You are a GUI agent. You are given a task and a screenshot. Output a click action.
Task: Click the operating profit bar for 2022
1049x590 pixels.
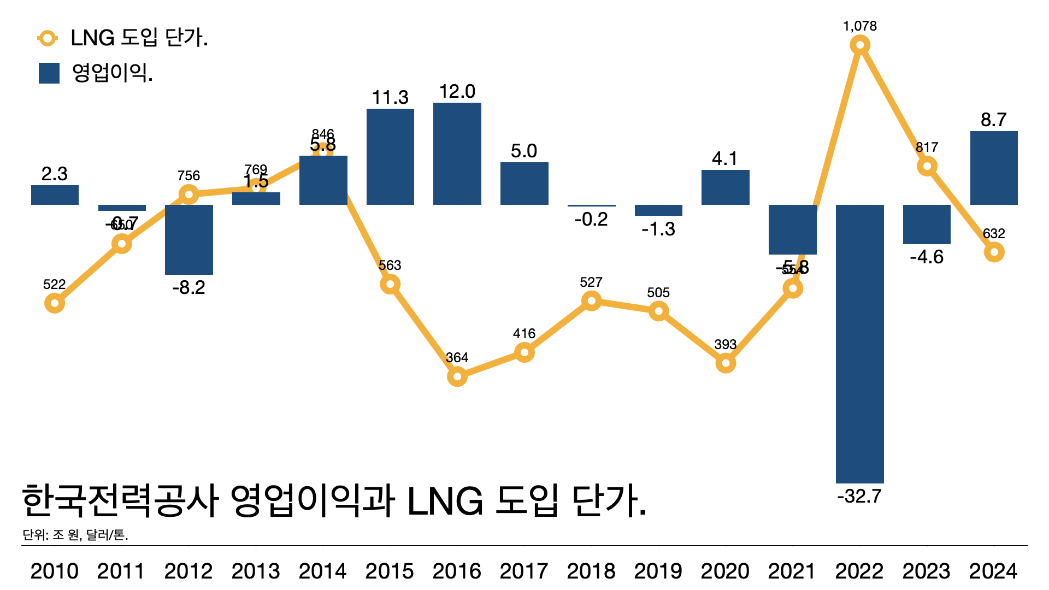859,344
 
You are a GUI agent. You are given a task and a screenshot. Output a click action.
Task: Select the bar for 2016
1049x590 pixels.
457,154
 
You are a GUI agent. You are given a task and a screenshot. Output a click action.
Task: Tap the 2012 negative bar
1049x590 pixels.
189,240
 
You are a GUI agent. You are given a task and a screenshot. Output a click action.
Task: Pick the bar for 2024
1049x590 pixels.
994,168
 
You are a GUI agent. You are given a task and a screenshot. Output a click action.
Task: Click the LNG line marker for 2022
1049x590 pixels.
860,45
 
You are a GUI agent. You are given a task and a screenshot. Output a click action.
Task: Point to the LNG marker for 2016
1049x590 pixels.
457,376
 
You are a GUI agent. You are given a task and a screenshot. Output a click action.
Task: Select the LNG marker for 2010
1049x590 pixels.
55,303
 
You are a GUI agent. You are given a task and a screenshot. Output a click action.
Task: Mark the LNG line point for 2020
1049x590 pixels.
726,363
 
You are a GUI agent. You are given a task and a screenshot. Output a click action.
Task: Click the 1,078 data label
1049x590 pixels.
860,26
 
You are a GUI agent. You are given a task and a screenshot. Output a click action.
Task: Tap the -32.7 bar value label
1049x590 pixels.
859,496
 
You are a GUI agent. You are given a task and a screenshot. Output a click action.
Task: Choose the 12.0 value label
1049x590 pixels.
457,91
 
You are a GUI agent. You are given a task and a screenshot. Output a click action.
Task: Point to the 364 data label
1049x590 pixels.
457,358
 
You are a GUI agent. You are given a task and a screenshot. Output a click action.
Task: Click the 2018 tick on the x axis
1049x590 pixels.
591,571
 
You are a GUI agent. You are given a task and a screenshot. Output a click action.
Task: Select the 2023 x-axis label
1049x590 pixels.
927,571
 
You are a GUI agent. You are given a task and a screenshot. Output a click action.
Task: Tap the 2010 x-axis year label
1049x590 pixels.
55,571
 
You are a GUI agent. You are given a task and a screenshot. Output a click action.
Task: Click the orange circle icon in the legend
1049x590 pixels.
48,38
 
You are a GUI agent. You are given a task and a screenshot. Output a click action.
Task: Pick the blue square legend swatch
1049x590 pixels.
49,73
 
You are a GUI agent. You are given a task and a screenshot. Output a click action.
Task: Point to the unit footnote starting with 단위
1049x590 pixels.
75,535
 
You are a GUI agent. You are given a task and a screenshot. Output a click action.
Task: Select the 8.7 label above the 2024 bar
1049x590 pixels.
994,120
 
